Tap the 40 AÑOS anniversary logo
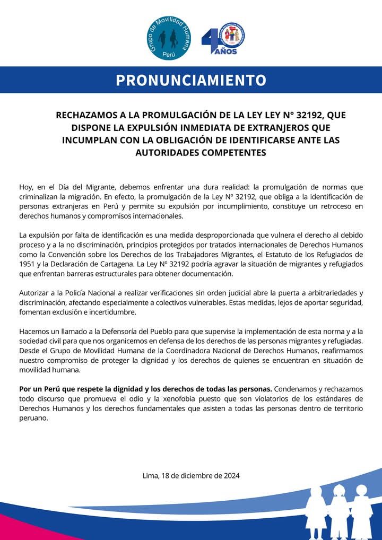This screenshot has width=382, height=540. pyautogui.click(x=223, y=38)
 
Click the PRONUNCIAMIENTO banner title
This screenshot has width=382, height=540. pyautogui.click(x=191, y=80)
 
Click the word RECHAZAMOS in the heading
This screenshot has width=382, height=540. pyautogui.click(x=85, y=115)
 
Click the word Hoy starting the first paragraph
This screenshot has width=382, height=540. pyautogui.click(x=26, y=187)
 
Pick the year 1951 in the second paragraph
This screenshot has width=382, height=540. pyautogui.click(x=28, y=264)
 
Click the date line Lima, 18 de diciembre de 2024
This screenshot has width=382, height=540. pyautogui.click(x=191, y=475)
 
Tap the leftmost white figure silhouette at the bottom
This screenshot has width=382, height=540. pyautogui.click(x=316, y=512)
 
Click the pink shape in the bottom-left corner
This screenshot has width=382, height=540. pyautogui.click(x=11, y=529)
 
